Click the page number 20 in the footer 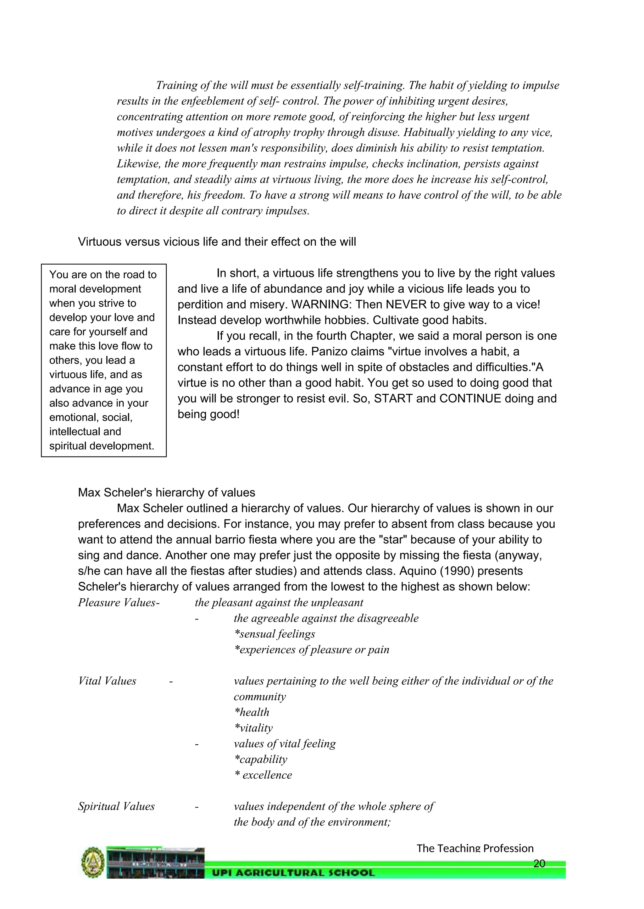(539, 863)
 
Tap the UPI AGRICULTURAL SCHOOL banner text (293, 873)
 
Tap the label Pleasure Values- (119, 603)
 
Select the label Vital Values (107, 681)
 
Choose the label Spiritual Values (116, 806)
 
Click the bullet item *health (252, 712)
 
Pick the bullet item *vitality (253, 728)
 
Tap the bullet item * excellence (263, 775)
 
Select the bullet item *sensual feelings (275, 634)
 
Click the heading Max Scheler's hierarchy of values (167, 493)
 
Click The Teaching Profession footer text (475, 848)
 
